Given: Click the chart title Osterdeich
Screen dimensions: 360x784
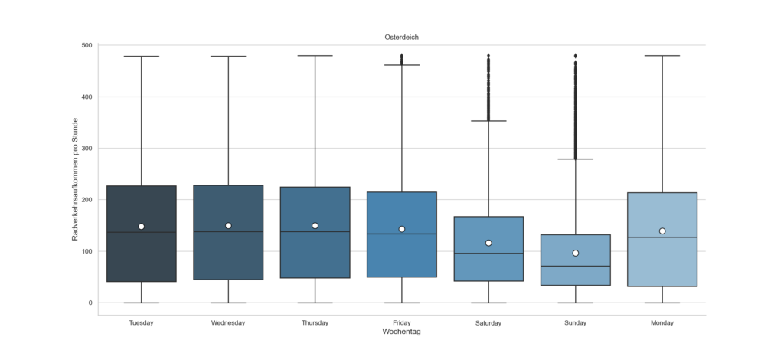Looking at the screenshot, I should point(401,37).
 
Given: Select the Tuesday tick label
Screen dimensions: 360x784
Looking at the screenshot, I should point(142,323).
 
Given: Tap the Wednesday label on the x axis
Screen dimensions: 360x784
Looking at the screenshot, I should point(228,323).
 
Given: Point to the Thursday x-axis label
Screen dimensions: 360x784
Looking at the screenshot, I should point(315,323).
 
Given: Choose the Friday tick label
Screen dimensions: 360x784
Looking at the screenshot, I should point(401,323).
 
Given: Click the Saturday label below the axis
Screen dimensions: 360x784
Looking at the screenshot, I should point(488,323).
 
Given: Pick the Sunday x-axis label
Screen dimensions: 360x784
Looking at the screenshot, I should point(575,323).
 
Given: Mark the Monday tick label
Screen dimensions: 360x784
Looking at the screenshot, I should point(661,323).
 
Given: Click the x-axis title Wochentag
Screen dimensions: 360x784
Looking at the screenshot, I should point(401,332).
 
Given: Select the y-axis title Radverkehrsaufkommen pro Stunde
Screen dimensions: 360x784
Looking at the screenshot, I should point(76,180).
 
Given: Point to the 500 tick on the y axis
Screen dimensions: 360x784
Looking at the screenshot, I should point(87,45).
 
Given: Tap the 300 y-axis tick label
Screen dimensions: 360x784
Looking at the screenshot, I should point(87,149).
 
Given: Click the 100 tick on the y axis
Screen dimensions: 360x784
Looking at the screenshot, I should point(87,251).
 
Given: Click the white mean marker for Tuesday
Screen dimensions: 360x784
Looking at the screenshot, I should point(142,227).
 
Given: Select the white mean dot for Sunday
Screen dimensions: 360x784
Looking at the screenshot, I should point(575,253).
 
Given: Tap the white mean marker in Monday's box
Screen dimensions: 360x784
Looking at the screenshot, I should point(661,231).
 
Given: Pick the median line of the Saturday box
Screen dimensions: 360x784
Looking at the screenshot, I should point(488,254).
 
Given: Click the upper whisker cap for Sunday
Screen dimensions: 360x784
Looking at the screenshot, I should point(575,159).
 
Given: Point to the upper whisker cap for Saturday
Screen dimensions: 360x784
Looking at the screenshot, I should point(488,121).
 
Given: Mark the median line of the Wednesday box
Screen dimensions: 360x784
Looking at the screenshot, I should point(228,231).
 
